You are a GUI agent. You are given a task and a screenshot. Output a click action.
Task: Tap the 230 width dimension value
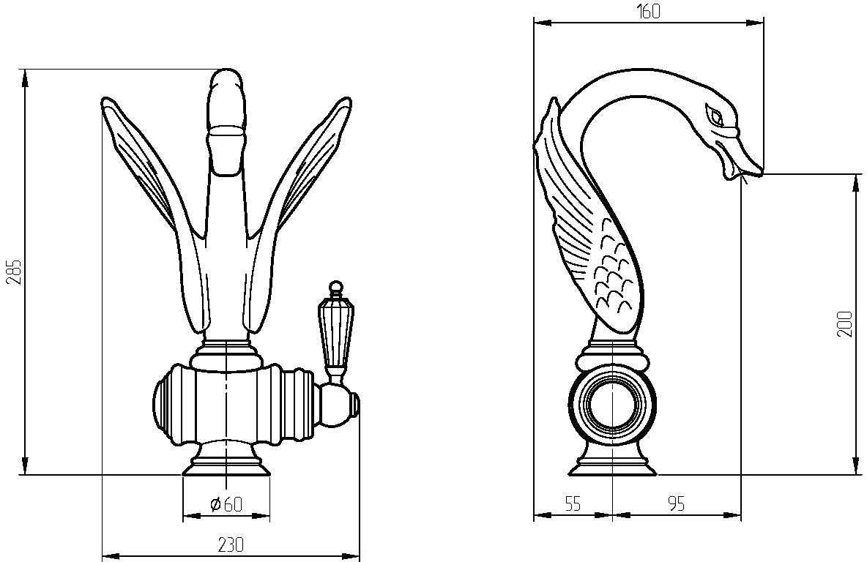coord(231,545)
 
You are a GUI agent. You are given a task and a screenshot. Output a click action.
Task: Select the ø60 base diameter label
coord(226,504)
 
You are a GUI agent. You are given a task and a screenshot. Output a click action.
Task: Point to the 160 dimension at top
coord(648,11)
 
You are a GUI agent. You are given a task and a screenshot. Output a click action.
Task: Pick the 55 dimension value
coord(573,504)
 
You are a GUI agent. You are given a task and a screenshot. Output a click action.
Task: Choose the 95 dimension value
coord(676,504)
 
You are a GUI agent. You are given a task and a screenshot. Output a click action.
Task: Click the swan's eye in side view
coord(715,116)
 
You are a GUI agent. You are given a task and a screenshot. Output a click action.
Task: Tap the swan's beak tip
coord(761,172)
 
